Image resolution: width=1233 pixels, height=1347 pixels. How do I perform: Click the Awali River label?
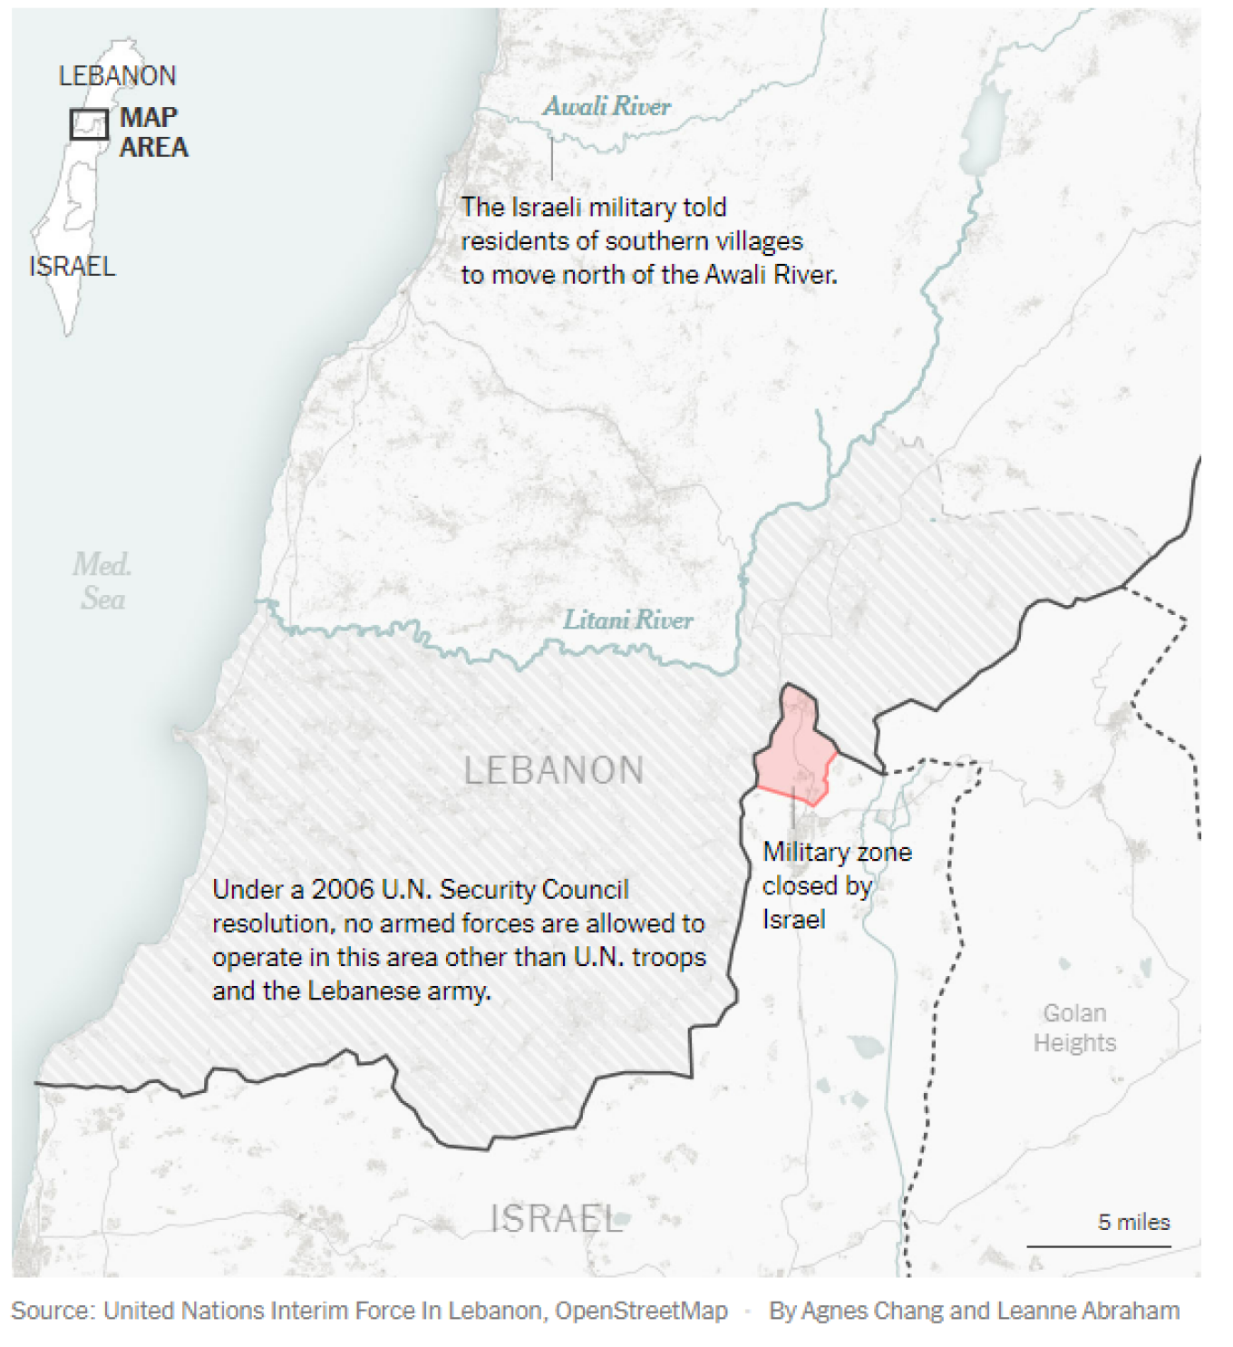tap(607, 107)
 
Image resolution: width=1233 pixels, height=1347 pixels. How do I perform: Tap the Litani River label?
tap(627, 620)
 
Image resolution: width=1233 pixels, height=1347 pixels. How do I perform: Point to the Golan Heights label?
tap(1074, 1028)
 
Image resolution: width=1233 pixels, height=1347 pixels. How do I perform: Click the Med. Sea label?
tap(102, 581)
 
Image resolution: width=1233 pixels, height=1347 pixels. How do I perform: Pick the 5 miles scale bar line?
tap(1098, 1246)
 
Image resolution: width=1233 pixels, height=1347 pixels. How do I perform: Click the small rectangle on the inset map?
tap(89, 124)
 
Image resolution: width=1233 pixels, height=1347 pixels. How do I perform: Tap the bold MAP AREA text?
tap(153, 132)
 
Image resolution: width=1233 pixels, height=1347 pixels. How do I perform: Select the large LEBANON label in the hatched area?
tap(554, 771)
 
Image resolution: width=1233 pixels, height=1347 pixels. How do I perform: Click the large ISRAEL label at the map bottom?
tap(556, 1218)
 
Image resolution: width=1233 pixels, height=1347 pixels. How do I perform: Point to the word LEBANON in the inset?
tap(117, 76)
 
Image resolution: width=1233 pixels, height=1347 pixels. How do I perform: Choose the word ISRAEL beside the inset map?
tap(73, 267)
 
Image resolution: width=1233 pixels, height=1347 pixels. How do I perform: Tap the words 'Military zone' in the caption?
tap(837, 853)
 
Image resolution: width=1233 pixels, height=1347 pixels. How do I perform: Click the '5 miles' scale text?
tap(1133, 1223)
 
